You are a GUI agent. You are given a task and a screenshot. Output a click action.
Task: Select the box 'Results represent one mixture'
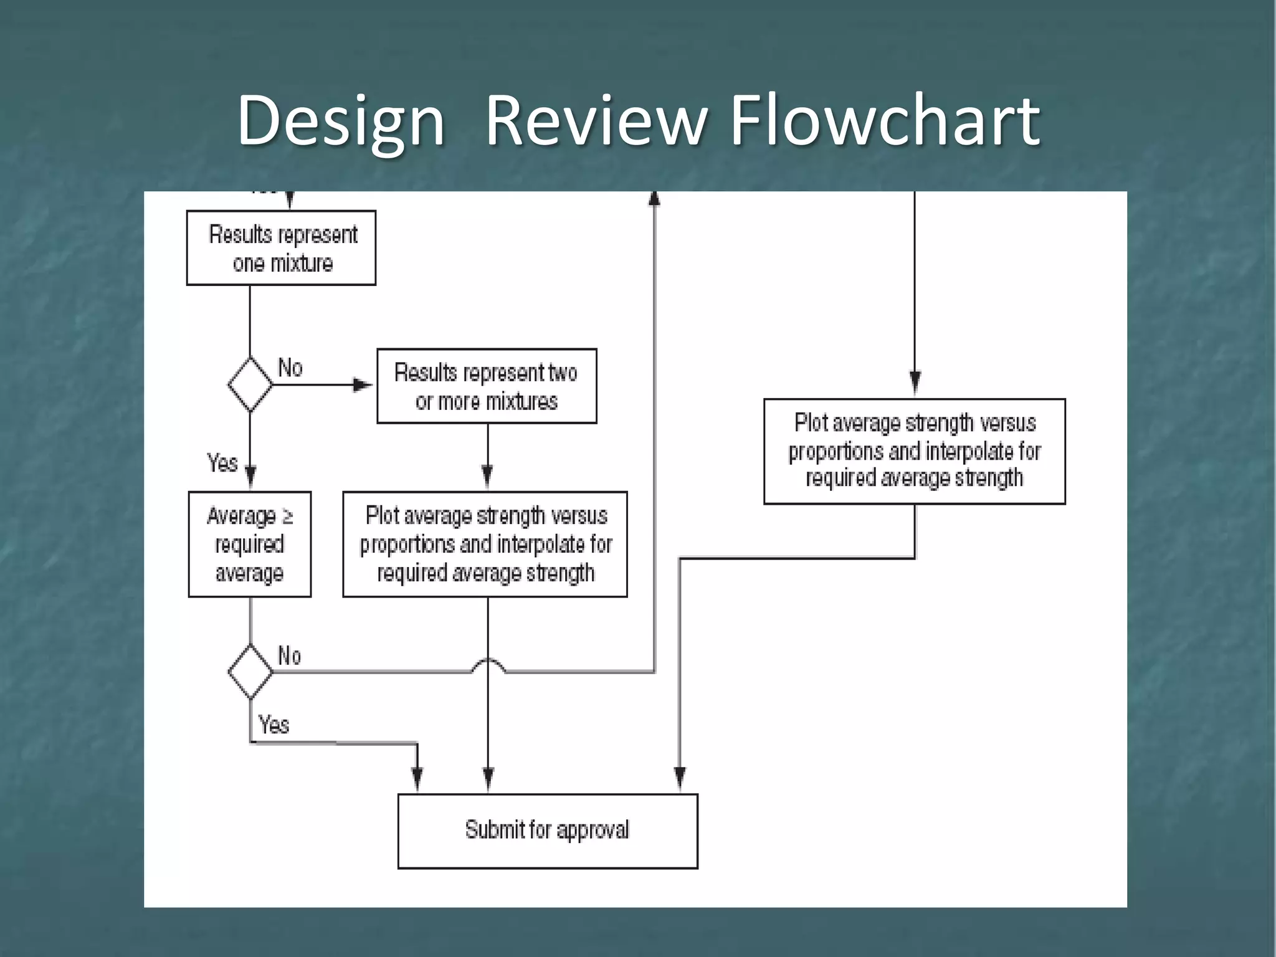point(281,248)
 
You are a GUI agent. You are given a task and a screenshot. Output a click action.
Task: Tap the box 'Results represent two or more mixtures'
point(487,386)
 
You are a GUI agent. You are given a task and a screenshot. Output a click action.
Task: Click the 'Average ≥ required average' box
point(250,545)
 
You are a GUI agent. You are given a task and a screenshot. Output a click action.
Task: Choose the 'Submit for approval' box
point(548,831)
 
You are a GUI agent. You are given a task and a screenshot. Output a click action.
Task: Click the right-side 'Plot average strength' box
point(914,451)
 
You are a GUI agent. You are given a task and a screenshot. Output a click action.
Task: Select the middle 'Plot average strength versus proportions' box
point(485,545)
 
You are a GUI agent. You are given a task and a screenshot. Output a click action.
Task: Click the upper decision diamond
point(250,384)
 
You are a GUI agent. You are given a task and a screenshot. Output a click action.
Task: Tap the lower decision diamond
point(250,672)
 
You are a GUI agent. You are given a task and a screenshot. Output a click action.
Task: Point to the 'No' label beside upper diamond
point(290,368)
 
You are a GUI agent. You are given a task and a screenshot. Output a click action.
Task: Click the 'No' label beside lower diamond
point(290,655)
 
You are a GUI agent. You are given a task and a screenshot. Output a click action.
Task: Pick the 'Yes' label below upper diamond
point(222,463)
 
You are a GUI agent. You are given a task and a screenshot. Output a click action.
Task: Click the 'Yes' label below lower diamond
point(274,725)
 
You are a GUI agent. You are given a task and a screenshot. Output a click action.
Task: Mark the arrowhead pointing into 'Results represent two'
point(363,385)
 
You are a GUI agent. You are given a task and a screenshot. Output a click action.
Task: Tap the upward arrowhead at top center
point(654,199)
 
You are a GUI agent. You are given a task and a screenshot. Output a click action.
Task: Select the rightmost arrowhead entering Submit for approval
point(680,778)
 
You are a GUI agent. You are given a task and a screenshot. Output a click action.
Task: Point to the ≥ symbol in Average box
point(287,516)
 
